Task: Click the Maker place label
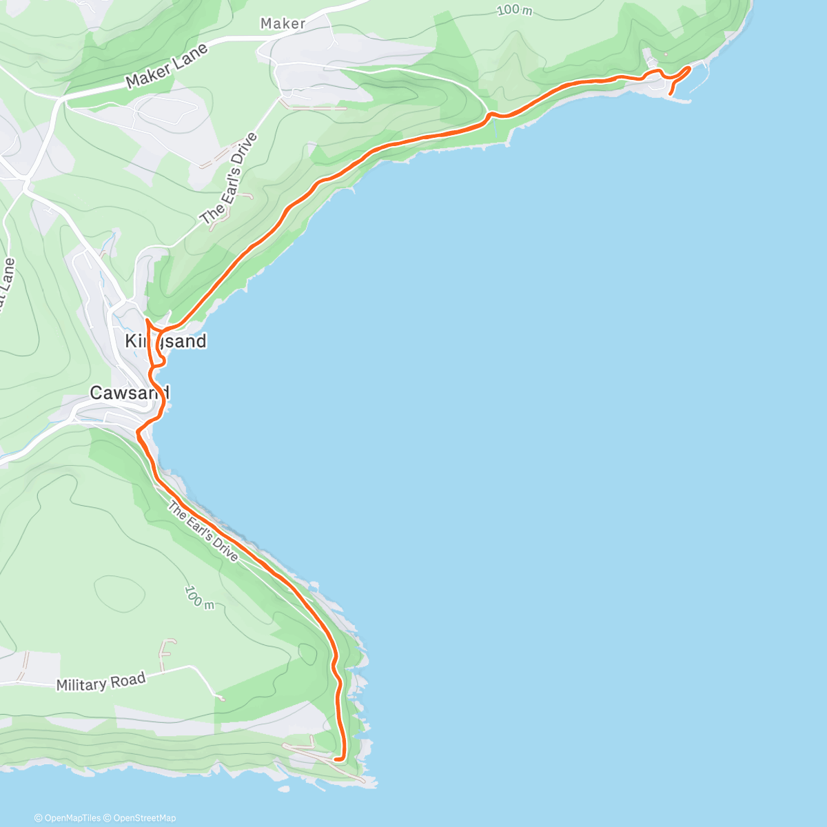tap(283, 23)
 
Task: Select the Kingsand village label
tap(165, 341)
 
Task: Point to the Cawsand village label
tap(130, 393)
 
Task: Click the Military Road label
tap(101, 682)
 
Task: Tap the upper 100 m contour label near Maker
tap(515, 10)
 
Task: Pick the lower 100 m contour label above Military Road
tap(199, 597)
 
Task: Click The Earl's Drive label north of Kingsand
tap(229, 178)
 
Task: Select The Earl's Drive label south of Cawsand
tap(203, 532)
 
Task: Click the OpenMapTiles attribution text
tap(68, 818)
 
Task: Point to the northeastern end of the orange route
tap(689, 68)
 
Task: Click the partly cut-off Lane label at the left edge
tap(7, 283)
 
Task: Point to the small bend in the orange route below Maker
tap(490, 115)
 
